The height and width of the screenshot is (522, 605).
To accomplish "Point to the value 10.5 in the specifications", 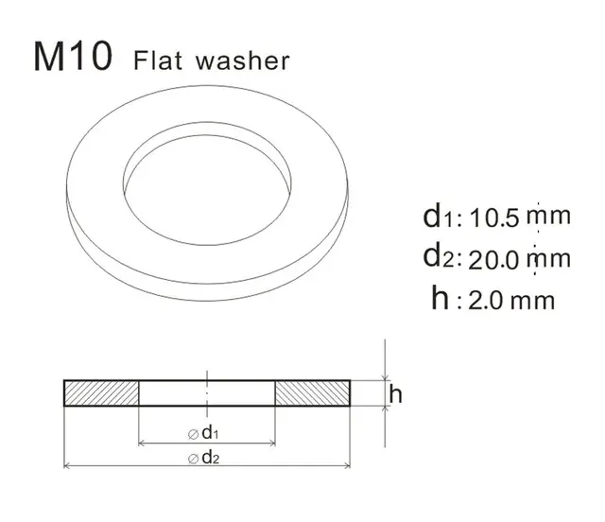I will pos(494,217).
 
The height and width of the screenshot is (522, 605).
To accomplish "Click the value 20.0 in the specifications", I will pos(494,258).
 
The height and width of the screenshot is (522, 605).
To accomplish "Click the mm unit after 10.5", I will pos(549,217).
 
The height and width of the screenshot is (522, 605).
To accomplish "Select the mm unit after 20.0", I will pos(549,258).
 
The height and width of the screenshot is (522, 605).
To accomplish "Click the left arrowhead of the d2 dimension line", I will pos(67,466).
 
